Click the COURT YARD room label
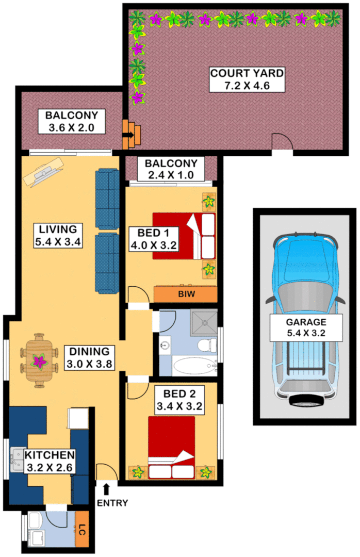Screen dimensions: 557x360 click(247, 73)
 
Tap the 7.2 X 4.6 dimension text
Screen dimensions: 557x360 click(247, 86)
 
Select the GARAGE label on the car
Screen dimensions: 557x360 click(306, 322)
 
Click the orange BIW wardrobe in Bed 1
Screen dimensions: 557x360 click(185, 294)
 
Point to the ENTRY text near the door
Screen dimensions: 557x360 click(112, 503)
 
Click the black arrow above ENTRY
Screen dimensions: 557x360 click(107, 488)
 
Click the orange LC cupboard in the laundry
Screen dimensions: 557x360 click(81, 529)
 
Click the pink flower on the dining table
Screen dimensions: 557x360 click(39, 361)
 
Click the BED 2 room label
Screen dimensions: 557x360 click(178, 393)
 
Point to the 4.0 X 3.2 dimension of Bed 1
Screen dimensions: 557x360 click(153, 245)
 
